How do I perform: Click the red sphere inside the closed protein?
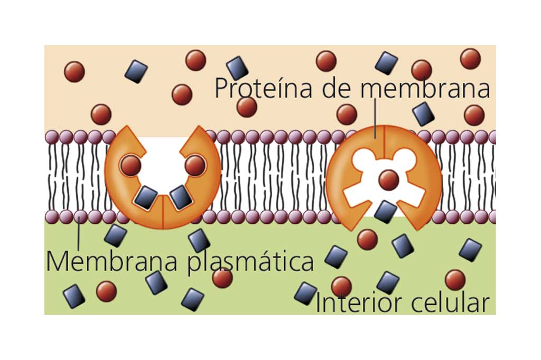tap(389, 180)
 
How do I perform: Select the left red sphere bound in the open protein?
tap(130, 166)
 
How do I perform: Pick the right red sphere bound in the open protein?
tap(195, 166)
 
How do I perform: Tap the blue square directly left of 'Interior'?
tap(305, 293)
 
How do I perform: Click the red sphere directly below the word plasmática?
tap(222, 278)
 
